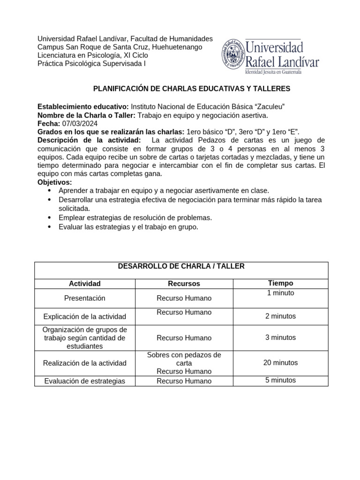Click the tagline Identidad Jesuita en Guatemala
click(272, 73)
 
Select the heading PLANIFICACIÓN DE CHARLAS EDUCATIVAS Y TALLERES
click(192, 89)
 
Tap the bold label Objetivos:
click(55, 182)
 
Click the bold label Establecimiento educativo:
click(83, 106)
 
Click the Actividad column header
click(85, 284)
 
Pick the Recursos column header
click(184, 284)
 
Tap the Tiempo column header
click(280, 283)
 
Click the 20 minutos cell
click(280, 363)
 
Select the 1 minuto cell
click(280, 293)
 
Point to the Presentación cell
click(85, 298)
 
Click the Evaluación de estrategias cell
click(85, 381)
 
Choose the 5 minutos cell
click(280, 380)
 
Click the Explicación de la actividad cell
click(85, 316)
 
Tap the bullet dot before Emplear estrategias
click(50, 218)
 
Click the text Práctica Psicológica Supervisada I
click(91, 64)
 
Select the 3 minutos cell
click(280, 337)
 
